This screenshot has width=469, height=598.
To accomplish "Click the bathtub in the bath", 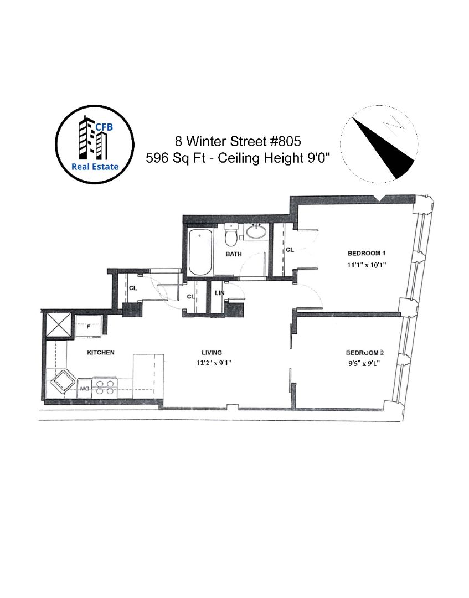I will tap(200, 252).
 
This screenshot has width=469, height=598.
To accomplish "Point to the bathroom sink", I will tap(255, 232).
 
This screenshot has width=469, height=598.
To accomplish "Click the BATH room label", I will tap(233, 255).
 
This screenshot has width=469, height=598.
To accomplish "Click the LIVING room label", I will tap(212, 353).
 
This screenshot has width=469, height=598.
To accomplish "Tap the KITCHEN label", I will tap(100, 352).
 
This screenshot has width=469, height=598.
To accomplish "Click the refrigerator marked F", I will tap(87, 326).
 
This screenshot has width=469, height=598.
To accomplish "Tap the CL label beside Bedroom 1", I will tap(290, 250).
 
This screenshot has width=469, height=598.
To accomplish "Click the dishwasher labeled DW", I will tap(84, 389).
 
